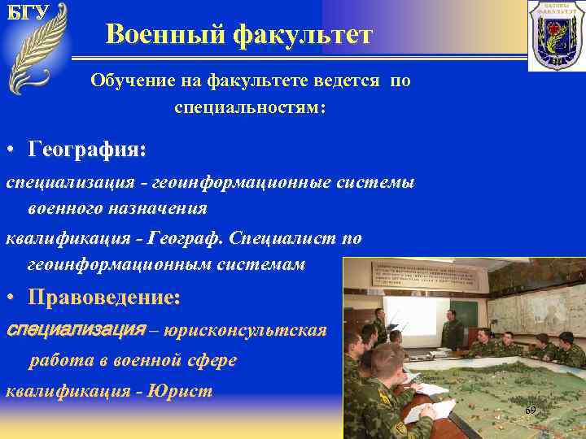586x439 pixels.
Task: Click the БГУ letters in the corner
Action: pyautogui.click(x=28, y=12)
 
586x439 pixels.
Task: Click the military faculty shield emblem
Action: pyautogui.click(x=556, y=35)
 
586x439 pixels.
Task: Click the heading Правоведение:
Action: pyautogui.click(x=104, y=298)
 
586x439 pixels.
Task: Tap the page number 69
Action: pyautogui.click(x=530, y=411)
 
